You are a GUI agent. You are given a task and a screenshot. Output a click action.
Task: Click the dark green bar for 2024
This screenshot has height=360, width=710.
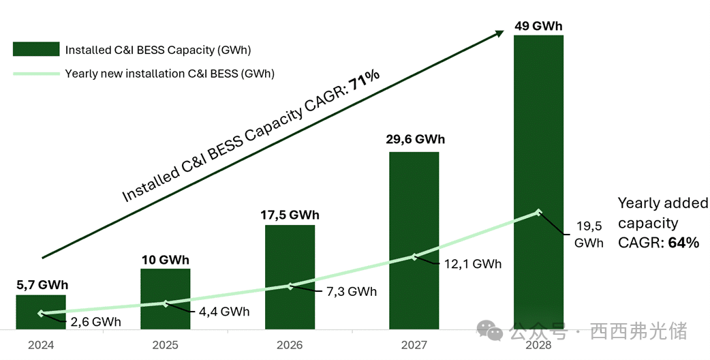(41, 311)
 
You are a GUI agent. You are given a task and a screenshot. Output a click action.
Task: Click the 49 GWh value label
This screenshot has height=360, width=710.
(538, 27)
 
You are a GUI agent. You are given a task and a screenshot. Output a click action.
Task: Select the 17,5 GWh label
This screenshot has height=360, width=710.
(290, 215)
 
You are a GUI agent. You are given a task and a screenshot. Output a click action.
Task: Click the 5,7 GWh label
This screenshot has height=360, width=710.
(42, 285)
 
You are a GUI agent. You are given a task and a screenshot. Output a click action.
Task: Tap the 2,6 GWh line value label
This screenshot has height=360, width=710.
(96, 322)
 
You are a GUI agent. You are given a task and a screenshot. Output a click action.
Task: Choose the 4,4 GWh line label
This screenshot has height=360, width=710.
(224, 312)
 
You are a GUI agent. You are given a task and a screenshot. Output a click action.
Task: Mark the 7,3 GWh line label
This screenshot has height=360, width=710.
(352, 292)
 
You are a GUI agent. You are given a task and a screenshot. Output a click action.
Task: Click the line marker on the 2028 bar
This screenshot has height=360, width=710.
(538, 212)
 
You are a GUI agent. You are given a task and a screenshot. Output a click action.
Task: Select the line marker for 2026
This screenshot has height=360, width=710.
(290, 286)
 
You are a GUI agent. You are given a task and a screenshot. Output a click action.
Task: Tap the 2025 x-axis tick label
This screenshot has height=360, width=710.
(166, 345)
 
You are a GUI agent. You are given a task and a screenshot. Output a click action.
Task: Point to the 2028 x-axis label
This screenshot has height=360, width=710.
(538, 345)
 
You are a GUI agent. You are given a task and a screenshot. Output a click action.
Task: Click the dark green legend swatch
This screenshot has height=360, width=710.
(35, 49)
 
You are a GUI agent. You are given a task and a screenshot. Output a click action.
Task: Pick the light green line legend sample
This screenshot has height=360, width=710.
(35, 74)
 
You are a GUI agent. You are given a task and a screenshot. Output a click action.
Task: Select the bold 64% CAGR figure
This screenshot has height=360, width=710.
(684, 241)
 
